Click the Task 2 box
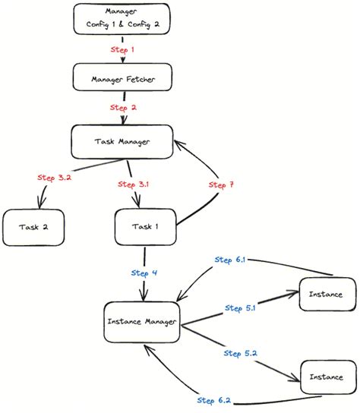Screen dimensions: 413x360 (x=32, y=227)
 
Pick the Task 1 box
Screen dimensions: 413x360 (x=145, y=227)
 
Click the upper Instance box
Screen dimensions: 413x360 (x=328, y=294)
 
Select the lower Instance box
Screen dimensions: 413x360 (x=328, y=377)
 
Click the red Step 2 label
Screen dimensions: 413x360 (x=123, y=108)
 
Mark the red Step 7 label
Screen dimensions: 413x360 (x=220, y=184)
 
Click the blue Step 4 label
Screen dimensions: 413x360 (x=144, y=273)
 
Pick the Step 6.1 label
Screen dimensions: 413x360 (x=229, y=260)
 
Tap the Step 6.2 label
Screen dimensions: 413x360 (x=215, y=400)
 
